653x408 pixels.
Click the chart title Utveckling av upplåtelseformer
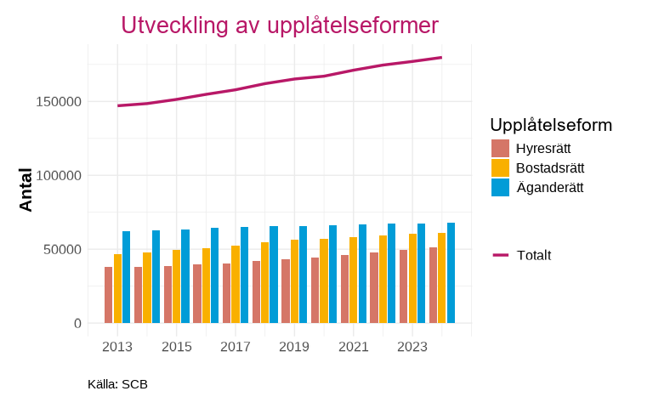[x=280, y=25]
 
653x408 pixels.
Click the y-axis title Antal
[x=26, y=190]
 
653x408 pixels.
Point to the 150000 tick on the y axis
[x=59, y=102]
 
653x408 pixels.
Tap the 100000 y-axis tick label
[x=59, y=176]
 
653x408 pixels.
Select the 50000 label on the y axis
[x=62, y=250]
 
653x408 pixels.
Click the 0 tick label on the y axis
[x=77, y=324]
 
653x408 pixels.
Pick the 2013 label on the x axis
[x=116, y=347]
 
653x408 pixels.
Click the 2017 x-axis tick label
[x=235, y=347]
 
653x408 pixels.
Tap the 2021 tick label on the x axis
[x=353, y=347]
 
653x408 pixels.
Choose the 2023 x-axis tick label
[x=412, y=347]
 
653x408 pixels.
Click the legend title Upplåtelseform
[x=551, y=125]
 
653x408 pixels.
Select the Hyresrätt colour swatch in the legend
[x=500, y=149]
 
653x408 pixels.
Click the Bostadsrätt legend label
[x=550, y=167]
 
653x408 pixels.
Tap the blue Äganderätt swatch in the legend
[x=500, y=188]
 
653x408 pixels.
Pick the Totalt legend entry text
[x=534, y=255]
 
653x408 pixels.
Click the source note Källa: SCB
[x=117, y=384]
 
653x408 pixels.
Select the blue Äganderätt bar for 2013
[x=126, y=277]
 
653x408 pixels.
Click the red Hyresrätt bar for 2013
[x=109, y=295]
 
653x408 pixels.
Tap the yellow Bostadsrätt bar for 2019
[x=294, y=281]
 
